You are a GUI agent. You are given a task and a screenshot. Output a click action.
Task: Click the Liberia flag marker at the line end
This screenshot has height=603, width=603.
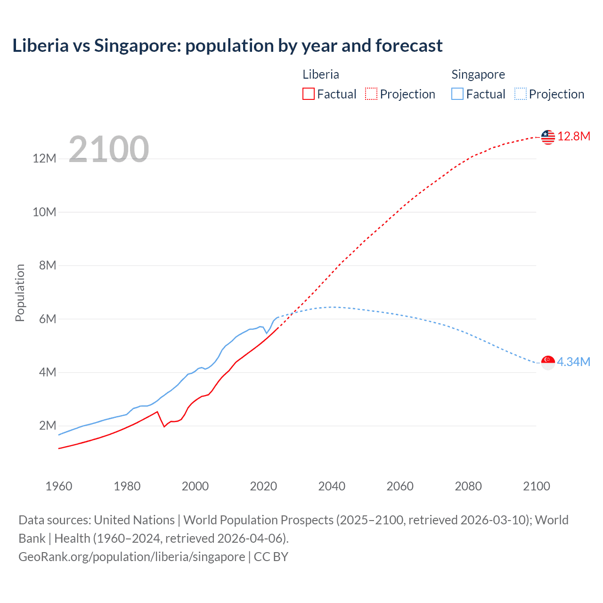(x=548, y=137)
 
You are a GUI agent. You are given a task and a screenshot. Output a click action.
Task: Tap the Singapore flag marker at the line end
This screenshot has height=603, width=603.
(x=548, y=363)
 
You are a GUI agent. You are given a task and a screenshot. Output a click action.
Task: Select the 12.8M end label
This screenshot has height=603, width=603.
(x=574, y=137)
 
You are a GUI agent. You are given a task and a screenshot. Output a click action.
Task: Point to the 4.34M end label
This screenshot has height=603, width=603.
(x=574, y=362)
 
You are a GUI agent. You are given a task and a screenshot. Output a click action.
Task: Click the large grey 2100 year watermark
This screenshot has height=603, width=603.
(x=109, y=149)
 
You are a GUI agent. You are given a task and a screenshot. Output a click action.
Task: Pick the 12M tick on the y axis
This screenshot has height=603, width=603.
(x=44, y=159)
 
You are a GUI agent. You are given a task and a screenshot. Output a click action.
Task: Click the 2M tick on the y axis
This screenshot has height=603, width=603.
(x=48, y=426)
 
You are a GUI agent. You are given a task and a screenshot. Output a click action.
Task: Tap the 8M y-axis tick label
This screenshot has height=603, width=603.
(x=48, y=266)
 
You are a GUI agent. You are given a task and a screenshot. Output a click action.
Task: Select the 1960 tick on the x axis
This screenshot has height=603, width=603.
(x=59, y=486)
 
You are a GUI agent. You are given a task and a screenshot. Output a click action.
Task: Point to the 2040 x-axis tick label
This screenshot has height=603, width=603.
(x=332, y=486)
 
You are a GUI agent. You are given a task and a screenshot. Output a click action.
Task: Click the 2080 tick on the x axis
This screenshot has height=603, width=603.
(x=468, y=486)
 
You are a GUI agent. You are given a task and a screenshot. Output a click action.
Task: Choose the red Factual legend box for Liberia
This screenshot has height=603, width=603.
(x=309, y=94)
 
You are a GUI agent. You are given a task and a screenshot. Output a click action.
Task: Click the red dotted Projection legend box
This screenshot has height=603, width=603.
(x=371, y=94)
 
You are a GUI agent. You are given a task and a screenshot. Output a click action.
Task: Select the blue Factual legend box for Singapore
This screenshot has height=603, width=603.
(x=457, y=94)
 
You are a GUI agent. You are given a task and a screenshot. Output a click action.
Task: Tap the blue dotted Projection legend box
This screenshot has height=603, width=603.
(x=521, y=94)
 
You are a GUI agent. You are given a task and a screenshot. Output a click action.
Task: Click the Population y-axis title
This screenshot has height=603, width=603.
(x=20, y=293)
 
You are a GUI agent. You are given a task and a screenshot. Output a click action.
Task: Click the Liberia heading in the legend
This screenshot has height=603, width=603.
(x=321, y=74)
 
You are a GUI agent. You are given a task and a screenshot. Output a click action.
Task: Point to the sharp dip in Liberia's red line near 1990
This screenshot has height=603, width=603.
(x=164, y=426)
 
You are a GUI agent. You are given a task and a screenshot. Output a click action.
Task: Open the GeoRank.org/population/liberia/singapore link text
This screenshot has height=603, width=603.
(x=132, y=557)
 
